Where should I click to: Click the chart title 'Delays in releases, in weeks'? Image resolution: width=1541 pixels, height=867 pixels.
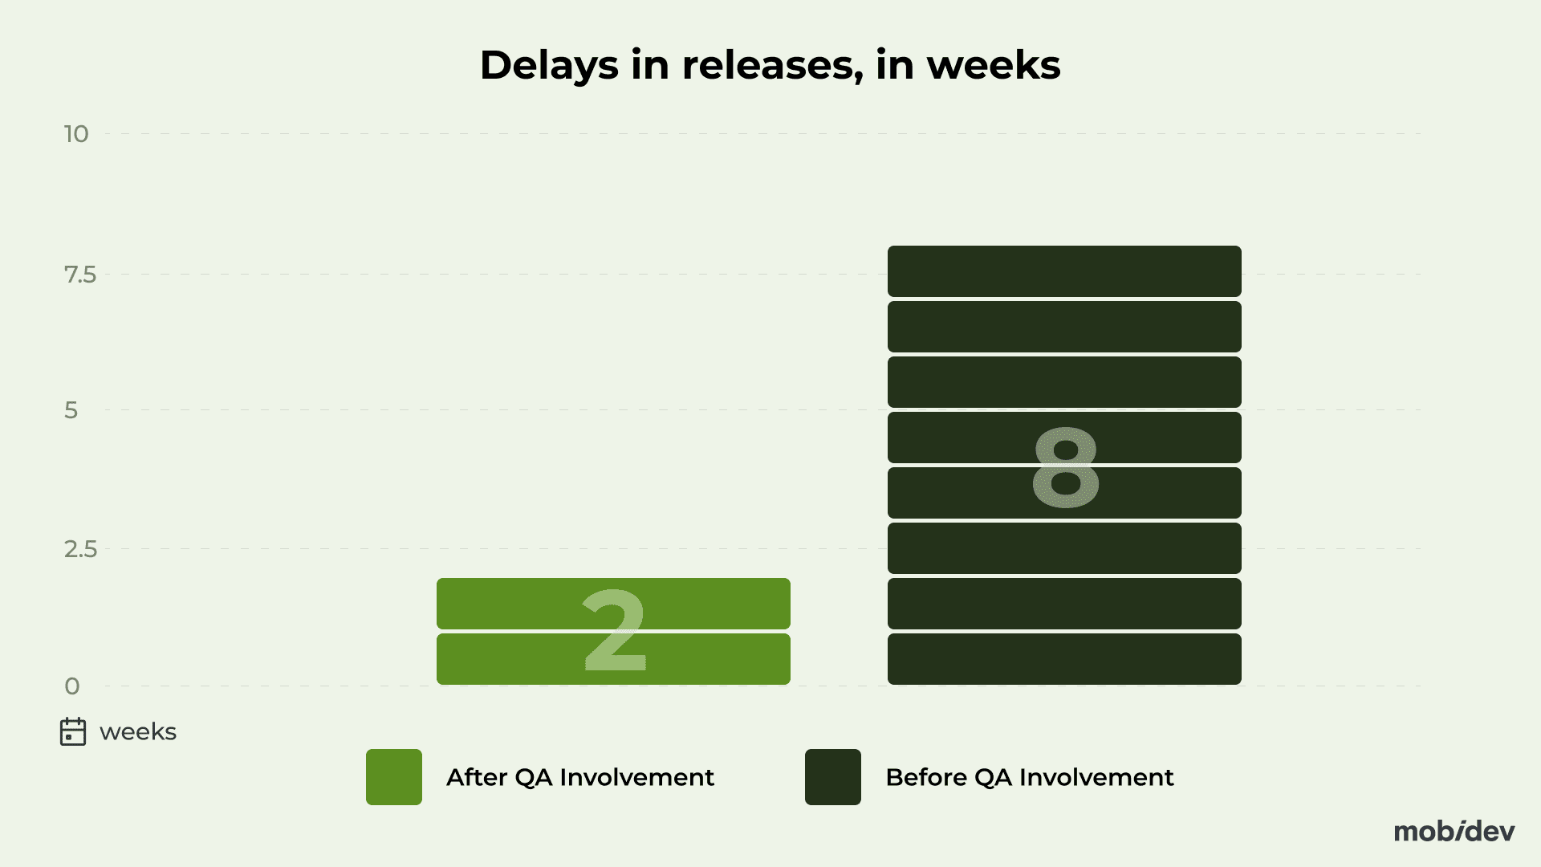(x=770, y=66)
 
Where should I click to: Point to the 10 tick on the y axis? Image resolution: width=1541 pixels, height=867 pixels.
(x=76, y=134)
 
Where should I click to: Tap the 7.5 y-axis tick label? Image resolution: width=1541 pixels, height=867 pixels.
(x=79, y=275)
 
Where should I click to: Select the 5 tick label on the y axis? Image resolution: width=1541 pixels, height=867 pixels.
(x=71, y=410)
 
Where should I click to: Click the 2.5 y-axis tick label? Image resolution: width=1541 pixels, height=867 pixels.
(x=80, y=549)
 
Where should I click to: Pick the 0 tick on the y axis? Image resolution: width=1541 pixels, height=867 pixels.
(x=72, y=686)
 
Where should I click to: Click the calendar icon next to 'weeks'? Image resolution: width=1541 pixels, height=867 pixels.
(x=73, y=731)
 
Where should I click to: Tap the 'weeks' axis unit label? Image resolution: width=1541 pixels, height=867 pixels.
(x=138, y=732)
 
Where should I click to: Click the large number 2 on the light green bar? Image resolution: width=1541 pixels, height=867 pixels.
(x=614, y=631)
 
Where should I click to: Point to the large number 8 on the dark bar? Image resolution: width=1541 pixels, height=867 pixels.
(x=1065, y=467)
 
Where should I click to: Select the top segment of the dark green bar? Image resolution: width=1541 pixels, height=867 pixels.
(x=1064, y=271)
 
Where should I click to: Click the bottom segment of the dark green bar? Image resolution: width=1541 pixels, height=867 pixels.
(x=1064, y=659)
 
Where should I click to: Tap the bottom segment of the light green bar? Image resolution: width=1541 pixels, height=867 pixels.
(x=613, y=659)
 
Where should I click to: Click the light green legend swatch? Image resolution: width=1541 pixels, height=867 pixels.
(x=394, y=777)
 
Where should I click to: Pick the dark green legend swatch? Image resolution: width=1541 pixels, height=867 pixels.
(x=833, y=777)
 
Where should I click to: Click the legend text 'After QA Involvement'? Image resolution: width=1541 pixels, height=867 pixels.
(x=580, y=777)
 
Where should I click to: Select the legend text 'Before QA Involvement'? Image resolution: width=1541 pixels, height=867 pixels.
(x=1030, y=777)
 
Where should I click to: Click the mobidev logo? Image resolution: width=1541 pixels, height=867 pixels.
(x=1454, y=831)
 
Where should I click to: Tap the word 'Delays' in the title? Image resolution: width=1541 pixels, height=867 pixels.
(x=549, y=66)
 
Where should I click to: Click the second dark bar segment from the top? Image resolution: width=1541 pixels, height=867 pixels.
(x=1064, y=327)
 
